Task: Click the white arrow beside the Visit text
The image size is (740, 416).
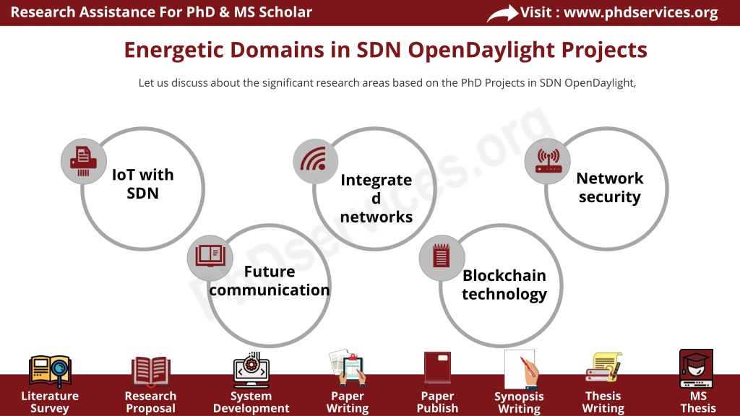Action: pos(502,13)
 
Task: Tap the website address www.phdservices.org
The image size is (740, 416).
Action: pos(641,12)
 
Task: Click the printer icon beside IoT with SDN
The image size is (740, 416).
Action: pos(84,161)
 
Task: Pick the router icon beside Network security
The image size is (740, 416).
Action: pos(548,161)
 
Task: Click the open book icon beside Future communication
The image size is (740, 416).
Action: pos(210,256)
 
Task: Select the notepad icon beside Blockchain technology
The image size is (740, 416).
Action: pos(442,256)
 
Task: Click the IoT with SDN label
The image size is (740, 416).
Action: pos(142,184)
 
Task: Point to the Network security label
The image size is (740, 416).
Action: pos(610,187)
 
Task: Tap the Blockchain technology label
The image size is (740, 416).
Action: pos(504,285)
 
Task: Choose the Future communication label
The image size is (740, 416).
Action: pos(270,281)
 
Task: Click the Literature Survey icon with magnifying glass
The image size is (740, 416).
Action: pos(50,371)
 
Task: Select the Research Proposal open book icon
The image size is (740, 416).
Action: pos(150,371)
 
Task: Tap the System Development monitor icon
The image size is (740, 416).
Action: pos(251,369)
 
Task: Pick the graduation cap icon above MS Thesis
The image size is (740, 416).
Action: pos(696,368)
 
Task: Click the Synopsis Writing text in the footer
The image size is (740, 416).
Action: pos(519,402)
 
